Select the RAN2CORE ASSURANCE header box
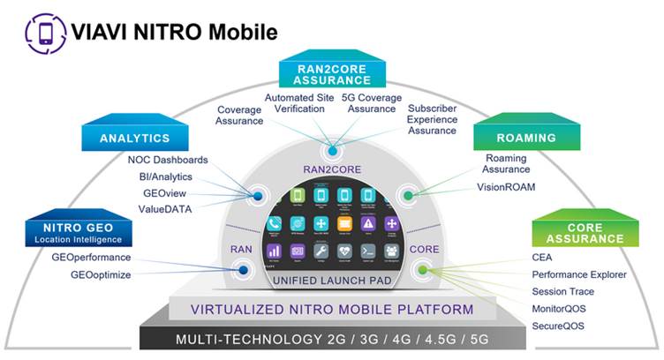click(332, 72)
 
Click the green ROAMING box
click(526, 138)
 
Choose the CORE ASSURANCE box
click(585, 233)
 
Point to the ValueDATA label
click(165, 208)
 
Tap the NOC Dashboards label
click(168, 161)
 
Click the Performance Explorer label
click(579, 274)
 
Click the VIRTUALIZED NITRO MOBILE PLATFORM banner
click(332, 310)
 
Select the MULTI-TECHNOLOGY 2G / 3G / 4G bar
click(332, 340)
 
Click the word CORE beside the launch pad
click(424, 249)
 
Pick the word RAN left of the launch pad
click(241, 249)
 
